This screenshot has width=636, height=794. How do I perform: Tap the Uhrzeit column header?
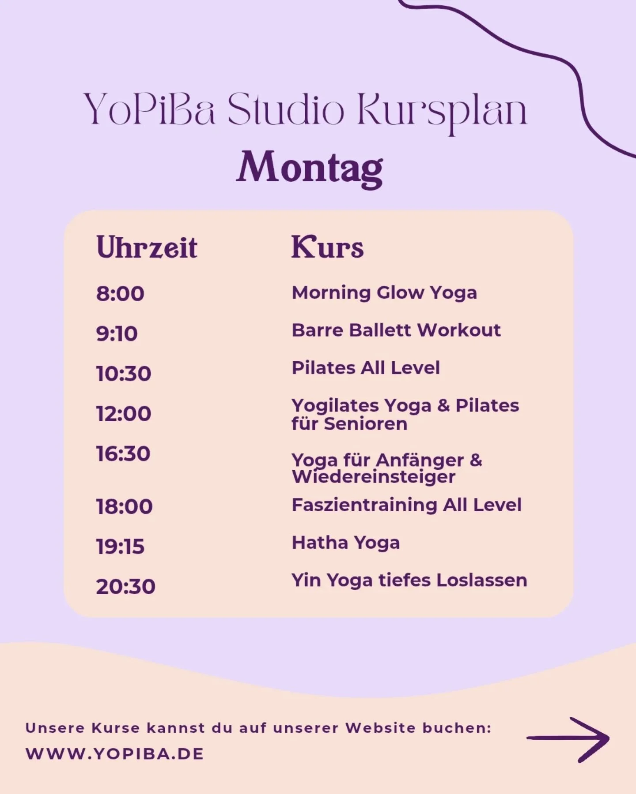pos(147,247)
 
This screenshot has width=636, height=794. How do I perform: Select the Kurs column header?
pos(327,247)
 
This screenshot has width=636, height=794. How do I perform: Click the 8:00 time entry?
pos(120,294)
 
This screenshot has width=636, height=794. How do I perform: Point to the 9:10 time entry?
pos(117,333)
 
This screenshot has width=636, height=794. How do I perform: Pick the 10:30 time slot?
pos(124,374)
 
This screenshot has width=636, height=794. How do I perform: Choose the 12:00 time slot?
pos(124,414)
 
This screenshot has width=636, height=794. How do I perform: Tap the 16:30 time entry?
pos(123,454)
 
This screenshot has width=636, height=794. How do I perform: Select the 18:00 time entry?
pos(124,506)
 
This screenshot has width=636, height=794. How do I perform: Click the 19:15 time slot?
pos(120,547)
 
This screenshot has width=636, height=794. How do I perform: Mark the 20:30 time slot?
pos(125,587)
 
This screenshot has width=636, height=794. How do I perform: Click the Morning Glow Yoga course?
pos(384,293)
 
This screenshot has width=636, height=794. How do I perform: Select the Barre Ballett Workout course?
pos(396,330)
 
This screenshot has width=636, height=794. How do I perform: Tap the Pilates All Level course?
pos(366,368)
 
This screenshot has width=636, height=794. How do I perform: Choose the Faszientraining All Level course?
pos(406,505)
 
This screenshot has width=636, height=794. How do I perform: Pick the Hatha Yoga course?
pos(346,543)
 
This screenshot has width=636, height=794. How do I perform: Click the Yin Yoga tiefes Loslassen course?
pos(409,581)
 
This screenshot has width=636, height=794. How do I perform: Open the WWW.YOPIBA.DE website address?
pos(115,753)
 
